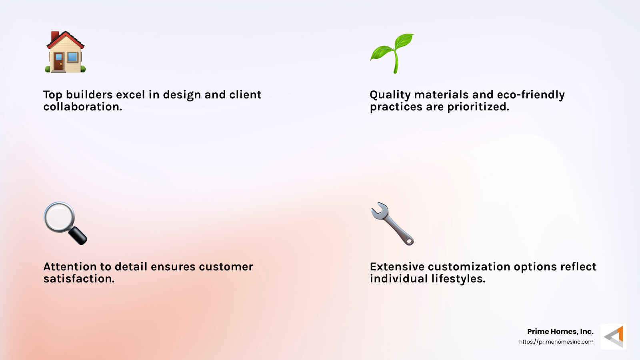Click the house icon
pyautogui.click(x=65, y=53)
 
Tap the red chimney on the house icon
pyautogui.click(x=55, y=36)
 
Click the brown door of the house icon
pyautogui.click(x=59, y=62)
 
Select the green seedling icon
pyautogui.click(x=392, y=53)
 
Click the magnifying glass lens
pyautogui.click(x=59, y=217)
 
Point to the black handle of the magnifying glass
pyautogui.click(x=78, y=236)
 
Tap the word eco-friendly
pyautogui.click(x=531, y=95)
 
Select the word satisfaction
pyautogui.click(x=79, y=279)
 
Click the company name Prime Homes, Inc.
pyautogui.click(x=560, y=332)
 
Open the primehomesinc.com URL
pyautogui.click(x=556, y=342)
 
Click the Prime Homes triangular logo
pyautogui.click(x=614, y=337)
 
